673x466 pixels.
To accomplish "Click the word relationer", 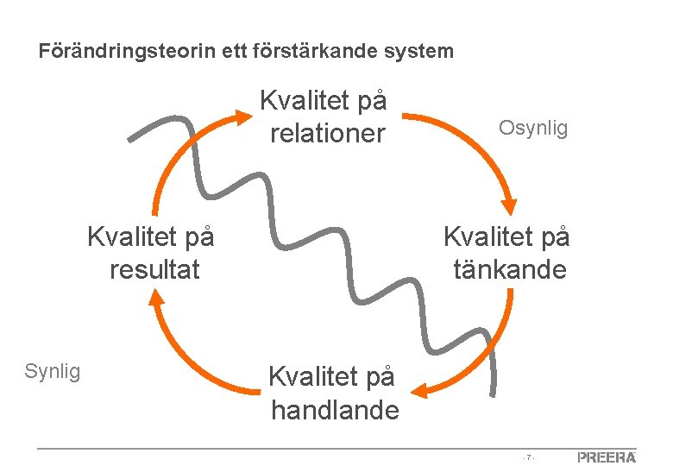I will click(x=327, y=133).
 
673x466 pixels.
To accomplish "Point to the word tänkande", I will click(x=510, y=269).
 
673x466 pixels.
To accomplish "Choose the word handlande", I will click(x=335, y=410).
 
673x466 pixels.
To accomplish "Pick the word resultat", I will click(x=154, y=269).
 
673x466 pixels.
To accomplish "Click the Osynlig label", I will click(x=533, y=129).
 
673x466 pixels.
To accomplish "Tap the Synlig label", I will click(x=53, y=372).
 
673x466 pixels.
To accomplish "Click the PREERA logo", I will click(x=607, y=457).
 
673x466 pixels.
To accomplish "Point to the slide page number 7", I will click(x=528, y=457).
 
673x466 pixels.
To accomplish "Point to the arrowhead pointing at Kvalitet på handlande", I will click(x=420, y=391).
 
